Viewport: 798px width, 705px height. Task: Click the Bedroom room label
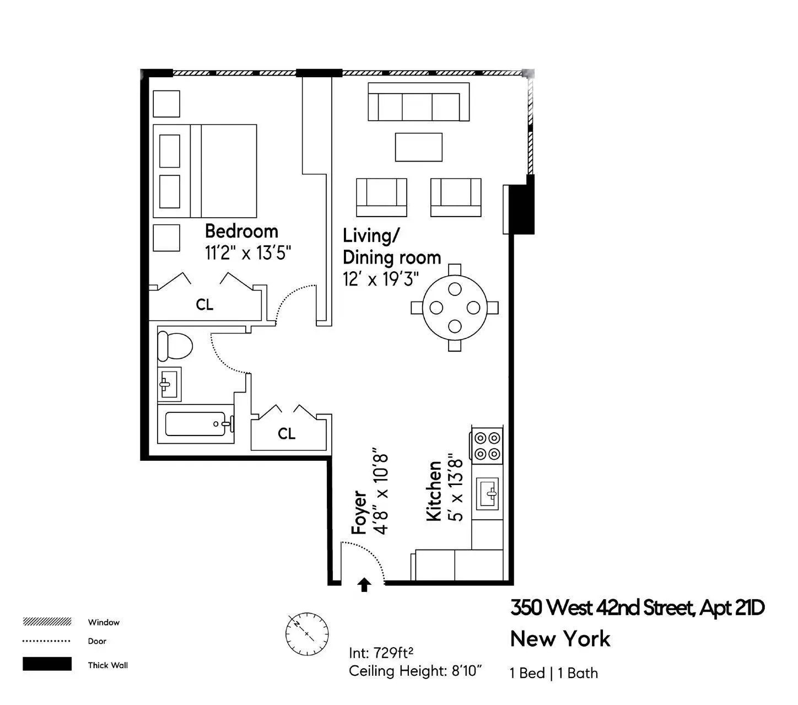(241, 231)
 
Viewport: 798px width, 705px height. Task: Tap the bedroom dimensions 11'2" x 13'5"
(248, 253)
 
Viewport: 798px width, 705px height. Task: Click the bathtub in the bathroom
(196, 424)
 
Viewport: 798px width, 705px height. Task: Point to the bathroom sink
(169, 384)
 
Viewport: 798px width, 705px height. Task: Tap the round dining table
(455, 308)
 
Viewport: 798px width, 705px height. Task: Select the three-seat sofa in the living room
(418, 103)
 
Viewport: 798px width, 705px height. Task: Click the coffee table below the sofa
(418, 147)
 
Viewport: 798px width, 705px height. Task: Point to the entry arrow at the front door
(364, 584)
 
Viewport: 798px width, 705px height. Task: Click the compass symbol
(307, 634)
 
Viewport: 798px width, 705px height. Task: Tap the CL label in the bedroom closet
(204, 305)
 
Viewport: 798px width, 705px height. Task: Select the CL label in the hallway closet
(287, 434)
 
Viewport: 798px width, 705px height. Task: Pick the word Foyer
(359, 512)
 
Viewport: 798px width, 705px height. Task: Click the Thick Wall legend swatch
(47, 664)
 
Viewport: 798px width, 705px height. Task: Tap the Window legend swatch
(47, 622)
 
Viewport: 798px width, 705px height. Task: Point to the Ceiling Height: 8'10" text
(416, 671)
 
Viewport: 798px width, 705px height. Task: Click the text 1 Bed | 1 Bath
(554, 673)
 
